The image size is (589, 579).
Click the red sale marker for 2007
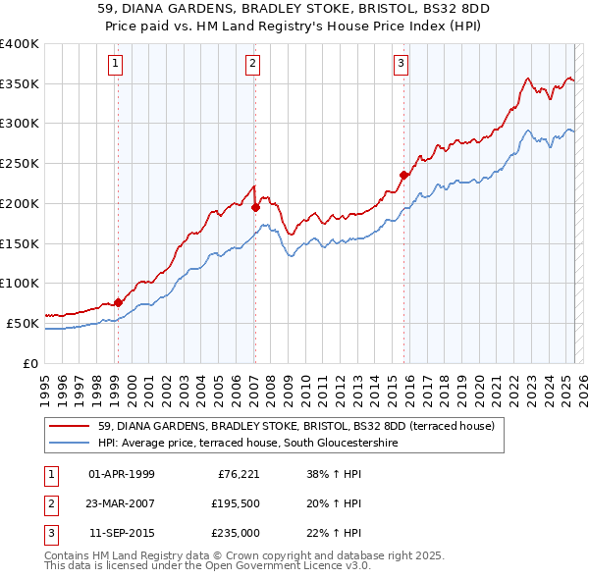point(254,207)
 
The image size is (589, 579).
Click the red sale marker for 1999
point(118,302)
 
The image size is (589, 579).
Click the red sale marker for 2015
point(402,176)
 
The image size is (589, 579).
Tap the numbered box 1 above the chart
point(116,65)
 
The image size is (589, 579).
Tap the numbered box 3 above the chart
point(402,65)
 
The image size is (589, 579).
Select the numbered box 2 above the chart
point(252,65)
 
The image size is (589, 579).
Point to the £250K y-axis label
point(20,163)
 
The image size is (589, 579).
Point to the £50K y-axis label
point(23,323)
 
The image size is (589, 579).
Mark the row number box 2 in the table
point(50,504)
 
